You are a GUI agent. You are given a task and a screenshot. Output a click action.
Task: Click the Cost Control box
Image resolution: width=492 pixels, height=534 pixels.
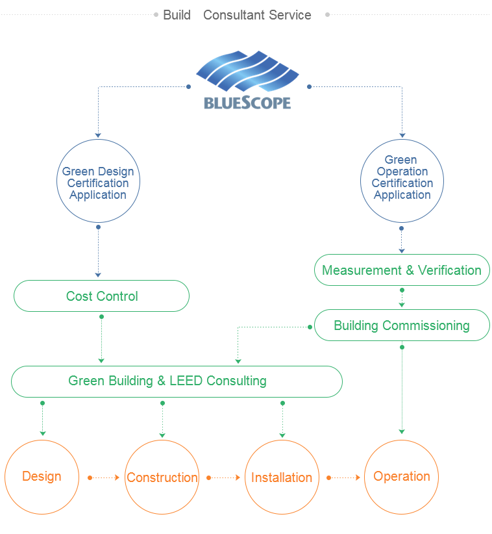101,296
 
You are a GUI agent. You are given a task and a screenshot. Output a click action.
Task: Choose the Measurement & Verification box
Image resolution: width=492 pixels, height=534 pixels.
402,270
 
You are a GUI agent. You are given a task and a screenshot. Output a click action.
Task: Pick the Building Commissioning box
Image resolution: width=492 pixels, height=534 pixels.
402,325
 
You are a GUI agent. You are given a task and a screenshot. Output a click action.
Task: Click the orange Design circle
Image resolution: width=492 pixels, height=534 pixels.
42,477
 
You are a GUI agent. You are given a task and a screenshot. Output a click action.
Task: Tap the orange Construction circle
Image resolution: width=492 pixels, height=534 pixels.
162,477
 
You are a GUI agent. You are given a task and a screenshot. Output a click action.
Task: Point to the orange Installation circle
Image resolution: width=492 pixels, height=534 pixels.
282,477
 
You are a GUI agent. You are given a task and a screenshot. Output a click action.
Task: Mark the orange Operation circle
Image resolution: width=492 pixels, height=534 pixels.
402,477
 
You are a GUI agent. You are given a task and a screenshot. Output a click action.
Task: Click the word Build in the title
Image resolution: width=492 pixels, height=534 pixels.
177,15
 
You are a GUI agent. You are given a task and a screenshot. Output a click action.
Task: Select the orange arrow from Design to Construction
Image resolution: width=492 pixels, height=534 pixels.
104,477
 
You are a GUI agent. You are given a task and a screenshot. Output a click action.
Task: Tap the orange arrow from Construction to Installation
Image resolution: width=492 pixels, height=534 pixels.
223,477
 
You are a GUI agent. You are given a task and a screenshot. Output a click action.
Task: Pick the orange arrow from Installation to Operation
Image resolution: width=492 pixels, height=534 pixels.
343,477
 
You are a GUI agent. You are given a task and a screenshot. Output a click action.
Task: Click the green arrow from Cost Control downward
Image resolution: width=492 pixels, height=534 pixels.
101,338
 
